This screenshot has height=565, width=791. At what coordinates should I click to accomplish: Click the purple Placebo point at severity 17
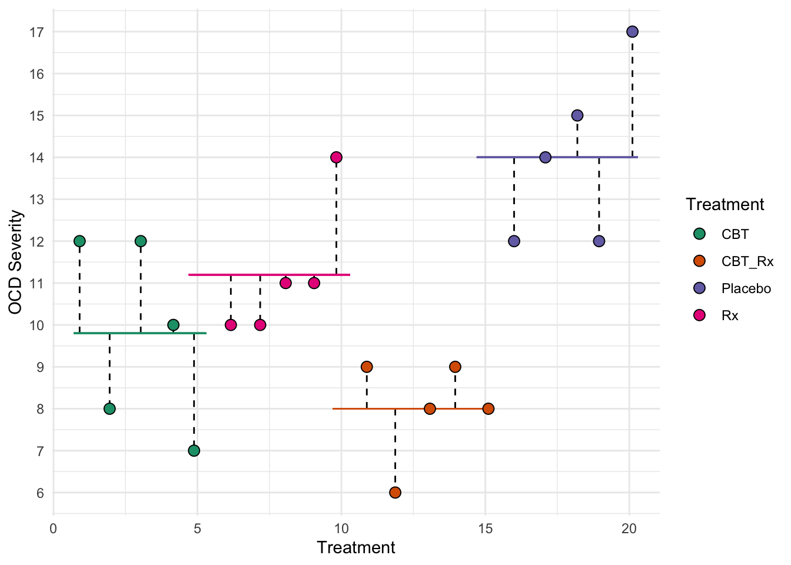[x=632, y=32]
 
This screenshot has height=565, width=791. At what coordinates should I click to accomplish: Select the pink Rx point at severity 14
[x=336, y=157]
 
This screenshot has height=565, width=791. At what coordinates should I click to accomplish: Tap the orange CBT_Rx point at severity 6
[x=395, y=492]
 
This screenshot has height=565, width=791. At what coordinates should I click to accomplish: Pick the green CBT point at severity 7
[x=194, y=451]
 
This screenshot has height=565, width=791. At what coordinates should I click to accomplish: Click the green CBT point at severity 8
[x=109, y=408]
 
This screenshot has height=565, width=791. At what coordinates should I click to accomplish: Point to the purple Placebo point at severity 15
[x=577, y=115]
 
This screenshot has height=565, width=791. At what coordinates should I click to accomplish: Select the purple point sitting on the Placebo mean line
[x=545, y=157]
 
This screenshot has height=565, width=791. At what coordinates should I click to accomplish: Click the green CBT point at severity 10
[x=173, y=325]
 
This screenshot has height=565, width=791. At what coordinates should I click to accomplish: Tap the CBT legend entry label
[x=735, y=234]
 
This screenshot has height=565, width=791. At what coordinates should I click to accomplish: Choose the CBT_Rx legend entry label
[x=747, y=261]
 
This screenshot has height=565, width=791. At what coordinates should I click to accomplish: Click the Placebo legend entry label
[x=746, y=288]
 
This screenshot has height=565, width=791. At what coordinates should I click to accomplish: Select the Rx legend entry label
[x=730, y=315]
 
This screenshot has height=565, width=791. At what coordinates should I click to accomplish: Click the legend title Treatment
[x=724, y=204]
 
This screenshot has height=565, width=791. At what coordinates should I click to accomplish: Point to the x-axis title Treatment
[x=356, y=547]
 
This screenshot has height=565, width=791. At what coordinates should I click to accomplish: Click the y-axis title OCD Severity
[x=16, y=262]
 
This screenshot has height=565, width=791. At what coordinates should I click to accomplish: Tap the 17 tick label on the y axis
[x=36, y=32]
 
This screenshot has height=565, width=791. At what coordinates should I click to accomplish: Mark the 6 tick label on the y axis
[x=40, y=493]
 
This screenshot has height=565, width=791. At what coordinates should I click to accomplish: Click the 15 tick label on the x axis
[x=485, y=529]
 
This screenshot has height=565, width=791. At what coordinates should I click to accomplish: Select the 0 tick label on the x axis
[x=54, y=529]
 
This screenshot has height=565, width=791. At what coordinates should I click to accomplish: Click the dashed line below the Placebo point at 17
[x=632, y=94]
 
